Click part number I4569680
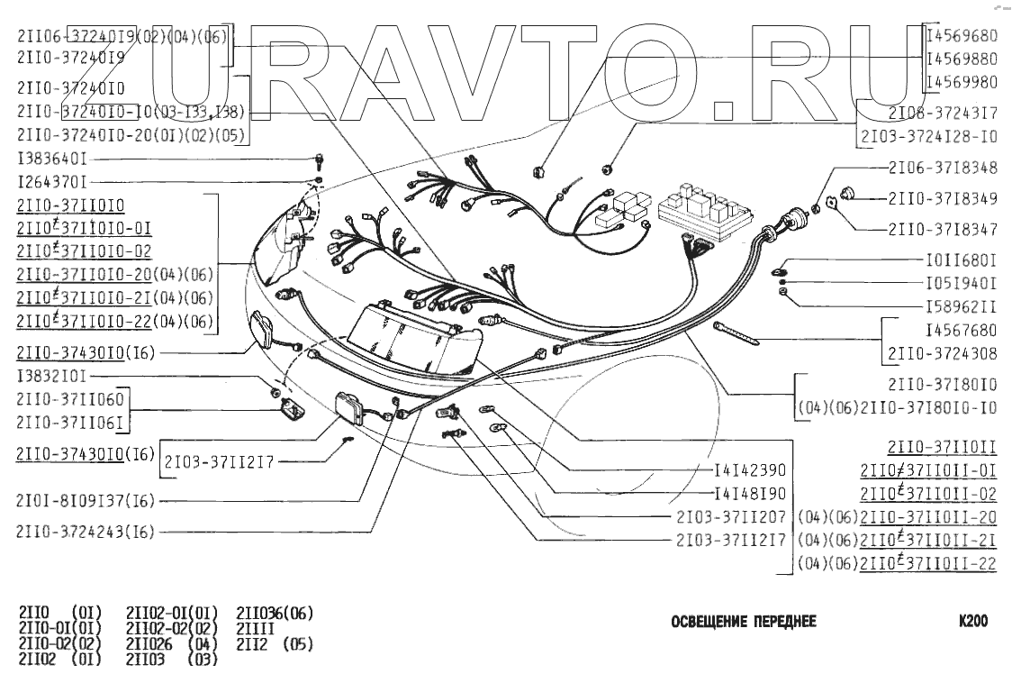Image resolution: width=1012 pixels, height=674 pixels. click(962, 37)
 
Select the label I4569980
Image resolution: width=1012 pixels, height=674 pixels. click(962, 82)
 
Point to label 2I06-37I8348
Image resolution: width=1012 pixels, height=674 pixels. click(943, 168)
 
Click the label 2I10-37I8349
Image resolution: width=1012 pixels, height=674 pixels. click(943, 197)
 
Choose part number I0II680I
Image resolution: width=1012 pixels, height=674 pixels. click(962, 260)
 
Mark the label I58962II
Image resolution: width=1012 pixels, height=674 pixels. click(962, 305)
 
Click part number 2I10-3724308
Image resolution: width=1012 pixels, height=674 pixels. click(943, 352)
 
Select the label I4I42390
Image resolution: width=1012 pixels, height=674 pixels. click(750, 470)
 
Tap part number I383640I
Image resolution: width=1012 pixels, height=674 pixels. click(52, 158)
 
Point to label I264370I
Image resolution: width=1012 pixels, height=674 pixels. click(52, 181)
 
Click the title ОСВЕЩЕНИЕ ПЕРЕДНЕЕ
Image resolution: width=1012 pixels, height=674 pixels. click(744, 623)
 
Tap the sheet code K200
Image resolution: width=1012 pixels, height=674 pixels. click(973, 622)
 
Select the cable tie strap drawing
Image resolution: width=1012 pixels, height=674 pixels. click(736, 332)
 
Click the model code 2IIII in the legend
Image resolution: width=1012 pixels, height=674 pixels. click(256, 629)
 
